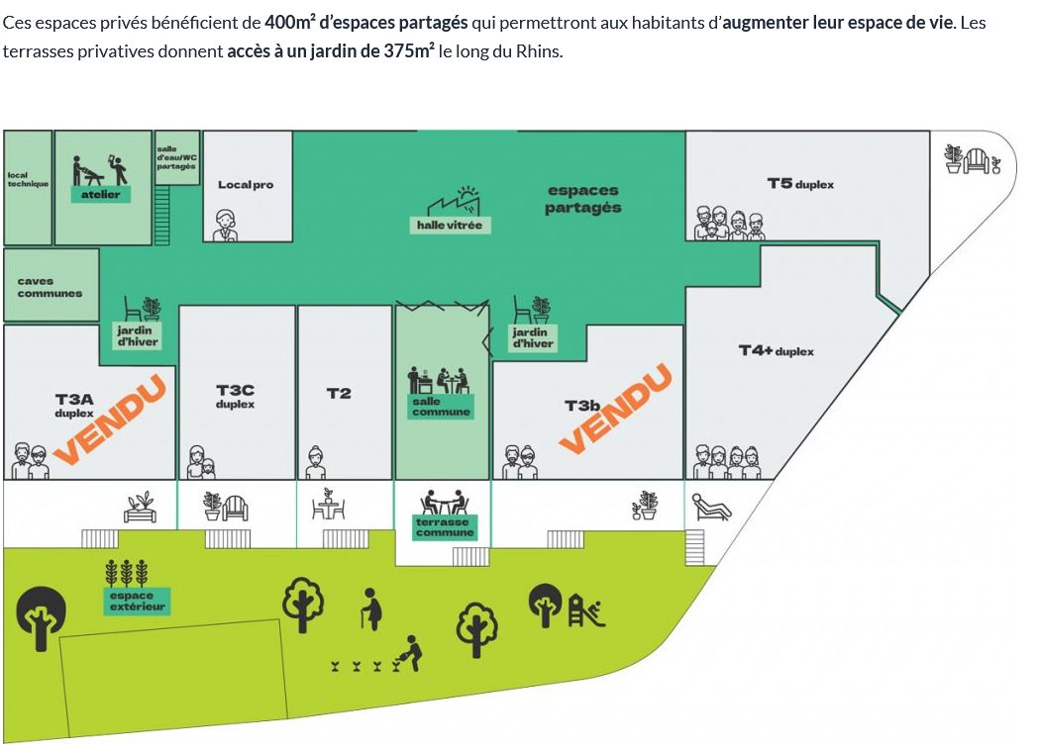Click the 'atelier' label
(101, 194)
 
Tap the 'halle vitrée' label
(450, 225)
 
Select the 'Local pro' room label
(246, 185)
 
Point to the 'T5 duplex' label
(799, 183)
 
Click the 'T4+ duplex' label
(776, 350)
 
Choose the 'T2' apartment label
(339, 393)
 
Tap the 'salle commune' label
(441, 407)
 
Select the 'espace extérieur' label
(137, 601)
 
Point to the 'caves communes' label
(50, 287)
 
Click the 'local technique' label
(28, 179)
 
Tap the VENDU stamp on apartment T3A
(109, 419)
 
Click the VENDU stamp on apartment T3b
(616, 409)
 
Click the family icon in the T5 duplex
(729, 223)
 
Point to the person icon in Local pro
(225, 226)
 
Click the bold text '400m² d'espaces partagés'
(366, 22)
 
